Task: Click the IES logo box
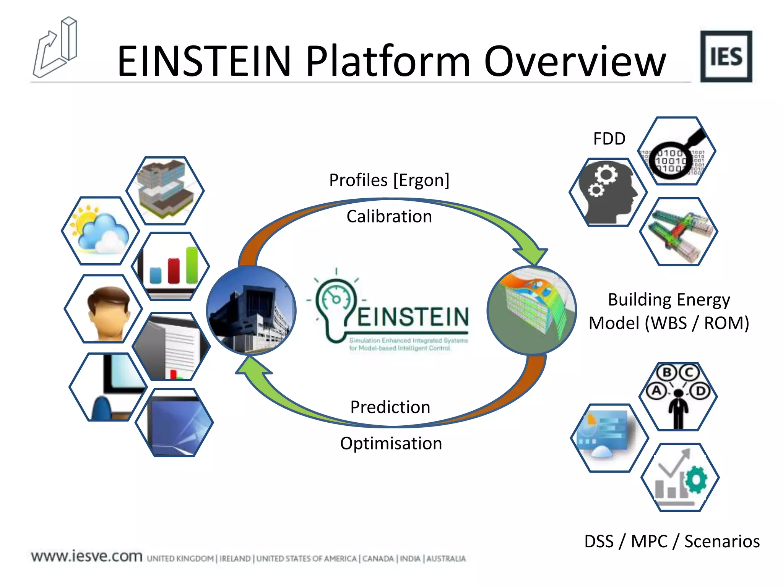(x=726, y=57)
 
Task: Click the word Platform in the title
(x=388, y=61)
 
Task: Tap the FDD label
(x=609, y=138)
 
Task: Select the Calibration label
(x=389, y=216)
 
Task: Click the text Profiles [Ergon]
(x=389, y=180)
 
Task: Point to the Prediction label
(x=390, y=407)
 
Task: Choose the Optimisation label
(x=391, y=443)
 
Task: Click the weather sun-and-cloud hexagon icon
(x=100, y=231)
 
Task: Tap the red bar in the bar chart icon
(x=174, y=271)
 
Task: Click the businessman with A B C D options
(x=678, y=397)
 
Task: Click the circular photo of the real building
(x=251, y=310)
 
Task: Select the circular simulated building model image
(x=531, y=310)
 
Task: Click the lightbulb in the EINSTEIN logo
(x=336, y=306)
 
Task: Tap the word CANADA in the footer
(x=378, y=559)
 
